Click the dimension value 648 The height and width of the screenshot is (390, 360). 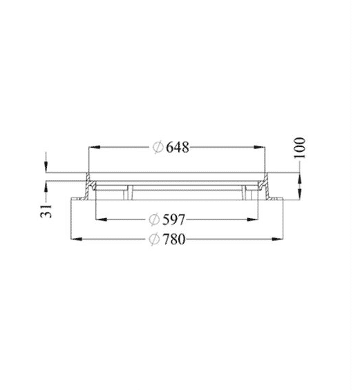[x=178, y=147]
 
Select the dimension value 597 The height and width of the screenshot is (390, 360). [x=174, y=220]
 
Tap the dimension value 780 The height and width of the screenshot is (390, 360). [x=174, y=240]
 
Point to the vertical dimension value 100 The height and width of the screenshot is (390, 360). [x=299, y=148]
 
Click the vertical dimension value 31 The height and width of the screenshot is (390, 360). [x=46, y=211]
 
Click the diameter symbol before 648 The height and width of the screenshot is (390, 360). [x=158, y=148]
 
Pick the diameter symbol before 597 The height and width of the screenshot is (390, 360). [x=154, y=220]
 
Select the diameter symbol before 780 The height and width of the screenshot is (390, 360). [x=154, y=240]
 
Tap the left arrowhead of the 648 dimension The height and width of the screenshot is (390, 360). [x=95, y=147]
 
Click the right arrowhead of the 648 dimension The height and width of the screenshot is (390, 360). [x=259, y=147]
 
